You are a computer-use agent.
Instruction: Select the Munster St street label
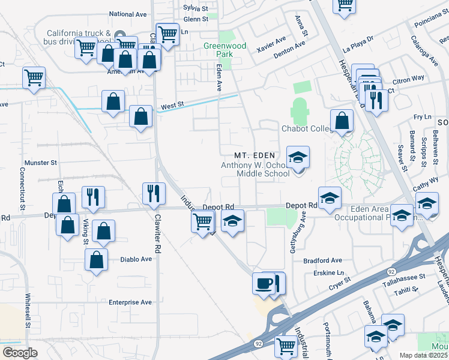tap(40, 163)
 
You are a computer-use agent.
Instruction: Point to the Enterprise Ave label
tap(130, 302)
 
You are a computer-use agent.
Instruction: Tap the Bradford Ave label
tap(322, 260)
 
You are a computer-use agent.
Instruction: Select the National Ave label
tap(128, 14)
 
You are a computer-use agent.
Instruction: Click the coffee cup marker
tap(264, 283)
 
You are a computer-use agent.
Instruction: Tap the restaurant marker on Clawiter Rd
tap(154, 193)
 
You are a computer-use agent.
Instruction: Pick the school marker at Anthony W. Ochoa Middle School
tap(298, 158)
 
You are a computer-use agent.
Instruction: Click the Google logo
tap(20, 352)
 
